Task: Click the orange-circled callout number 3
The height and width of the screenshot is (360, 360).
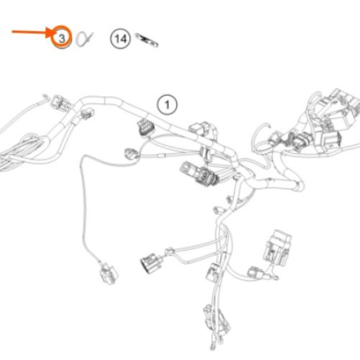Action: tap(62, 37)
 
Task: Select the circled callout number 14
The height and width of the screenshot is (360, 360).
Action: tap(120, 39)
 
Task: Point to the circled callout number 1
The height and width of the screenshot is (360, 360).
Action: tap(167, 104)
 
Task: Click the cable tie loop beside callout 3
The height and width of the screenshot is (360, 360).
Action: tap(84, 39)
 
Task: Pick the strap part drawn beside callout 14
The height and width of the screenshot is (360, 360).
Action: tap(146, 40)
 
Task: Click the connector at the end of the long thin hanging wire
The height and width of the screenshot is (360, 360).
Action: tap(109, 274)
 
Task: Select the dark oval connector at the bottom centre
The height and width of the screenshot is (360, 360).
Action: tap(152, 263)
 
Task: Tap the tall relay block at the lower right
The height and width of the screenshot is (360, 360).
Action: tap(277, 248)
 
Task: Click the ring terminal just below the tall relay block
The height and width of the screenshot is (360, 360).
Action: tap(274, 277)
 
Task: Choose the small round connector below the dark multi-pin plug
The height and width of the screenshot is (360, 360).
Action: tap(132, 154)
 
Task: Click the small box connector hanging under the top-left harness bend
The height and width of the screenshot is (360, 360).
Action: tap(87, 113)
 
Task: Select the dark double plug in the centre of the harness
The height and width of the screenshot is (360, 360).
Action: tap(200, 174)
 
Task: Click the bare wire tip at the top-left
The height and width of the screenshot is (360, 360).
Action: tap(45, 97)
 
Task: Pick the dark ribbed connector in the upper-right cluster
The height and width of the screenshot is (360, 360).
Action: tap(299, 141)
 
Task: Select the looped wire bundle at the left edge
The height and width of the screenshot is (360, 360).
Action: tap(23, 150)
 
